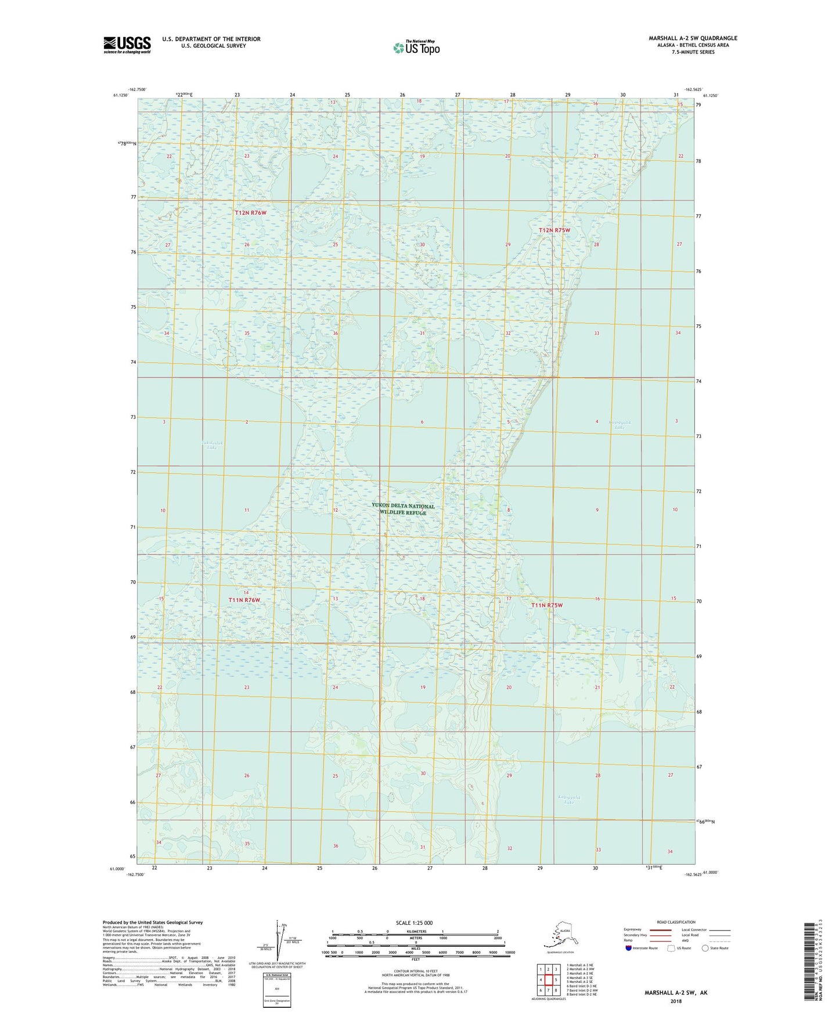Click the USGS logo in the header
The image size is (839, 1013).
(127, 45)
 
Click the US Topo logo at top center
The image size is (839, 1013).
(416, 47)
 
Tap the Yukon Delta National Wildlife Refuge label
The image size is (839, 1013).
(403, 509)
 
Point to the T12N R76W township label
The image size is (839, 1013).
(250, 213)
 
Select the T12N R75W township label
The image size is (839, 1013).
(554, 230)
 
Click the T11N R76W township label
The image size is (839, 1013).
(244, 600)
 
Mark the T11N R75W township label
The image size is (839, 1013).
(547, 605)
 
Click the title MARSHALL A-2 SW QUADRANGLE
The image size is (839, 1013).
(693, 38)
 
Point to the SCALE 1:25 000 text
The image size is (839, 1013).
(415, 922)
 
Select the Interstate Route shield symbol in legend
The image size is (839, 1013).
(629, 948)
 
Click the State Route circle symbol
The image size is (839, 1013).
(705, 948)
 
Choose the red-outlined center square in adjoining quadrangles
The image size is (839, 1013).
(548, 980)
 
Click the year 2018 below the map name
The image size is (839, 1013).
(676, 1001)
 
